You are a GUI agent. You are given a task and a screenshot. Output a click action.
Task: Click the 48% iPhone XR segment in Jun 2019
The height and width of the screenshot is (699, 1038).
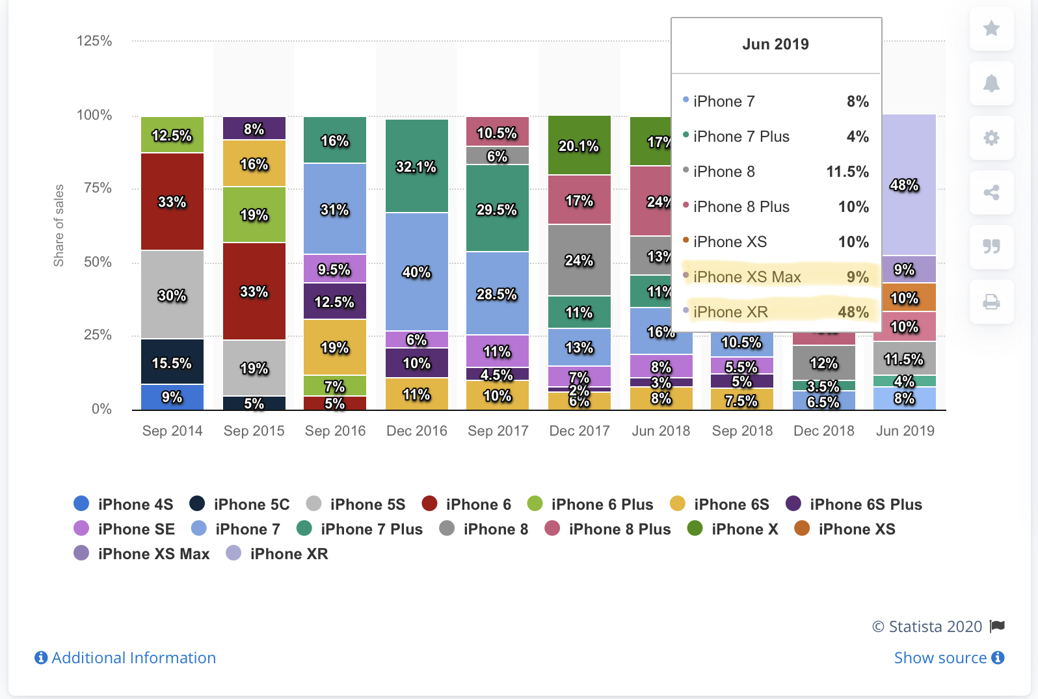(905, 185)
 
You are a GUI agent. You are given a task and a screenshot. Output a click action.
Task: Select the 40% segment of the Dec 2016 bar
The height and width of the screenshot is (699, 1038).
(417, 272)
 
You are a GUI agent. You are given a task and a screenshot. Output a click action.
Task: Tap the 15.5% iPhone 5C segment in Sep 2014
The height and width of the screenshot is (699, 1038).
(172, 362)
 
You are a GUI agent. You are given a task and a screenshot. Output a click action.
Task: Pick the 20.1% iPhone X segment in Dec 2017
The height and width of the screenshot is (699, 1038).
(579, 146)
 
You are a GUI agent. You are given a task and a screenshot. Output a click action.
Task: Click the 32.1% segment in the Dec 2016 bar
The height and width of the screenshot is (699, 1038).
(417, 166)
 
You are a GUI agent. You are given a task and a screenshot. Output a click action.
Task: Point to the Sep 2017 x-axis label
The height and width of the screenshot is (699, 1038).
(498, 430)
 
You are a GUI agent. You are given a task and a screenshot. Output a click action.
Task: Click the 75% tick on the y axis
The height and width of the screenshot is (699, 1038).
(98, 188)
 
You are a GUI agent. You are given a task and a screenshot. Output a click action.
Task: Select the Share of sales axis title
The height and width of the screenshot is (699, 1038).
(59, 226)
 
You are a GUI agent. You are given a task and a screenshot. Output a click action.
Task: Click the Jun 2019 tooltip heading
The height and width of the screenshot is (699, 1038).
(776, 44)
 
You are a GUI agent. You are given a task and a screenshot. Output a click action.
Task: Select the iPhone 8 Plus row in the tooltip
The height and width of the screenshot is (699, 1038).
(776, 207)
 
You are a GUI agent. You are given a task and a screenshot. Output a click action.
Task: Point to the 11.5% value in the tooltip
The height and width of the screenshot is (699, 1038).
(847, 172)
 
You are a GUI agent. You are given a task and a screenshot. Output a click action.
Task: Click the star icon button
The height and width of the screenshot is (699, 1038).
(991, 29)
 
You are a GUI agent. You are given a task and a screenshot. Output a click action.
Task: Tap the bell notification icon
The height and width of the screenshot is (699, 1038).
(991, 83)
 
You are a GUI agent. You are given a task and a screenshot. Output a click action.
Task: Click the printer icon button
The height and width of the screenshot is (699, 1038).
(991, 302)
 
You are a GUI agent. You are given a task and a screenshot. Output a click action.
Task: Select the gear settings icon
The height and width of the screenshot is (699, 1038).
(991, 138)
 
